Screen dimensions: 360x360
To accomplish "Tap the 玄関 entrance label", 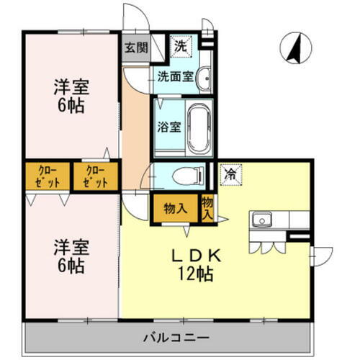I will (x=135, y=48).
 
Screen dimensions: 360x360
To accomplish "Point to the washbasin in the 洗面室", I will (x=204, y=77).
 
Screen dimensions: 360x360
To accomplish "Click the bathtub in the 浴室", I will (x=197, y=129).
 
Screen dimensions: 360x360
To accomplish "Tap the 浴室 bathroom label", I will (x=168, y=128).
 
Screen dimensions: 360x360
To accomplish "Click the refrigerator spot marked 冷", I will (x=230, y=174).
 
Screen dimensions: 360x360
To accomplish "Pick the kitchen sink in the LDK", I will (x=261, y=219).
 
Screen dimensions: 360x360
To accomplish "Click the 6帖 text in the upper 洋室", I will (x=70, y=107).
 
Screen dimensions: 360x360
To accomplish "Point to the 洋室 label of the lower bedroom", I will (x=70, y=248).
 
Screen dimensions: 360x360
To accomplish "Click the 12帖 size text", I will (x=195, y=274).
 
